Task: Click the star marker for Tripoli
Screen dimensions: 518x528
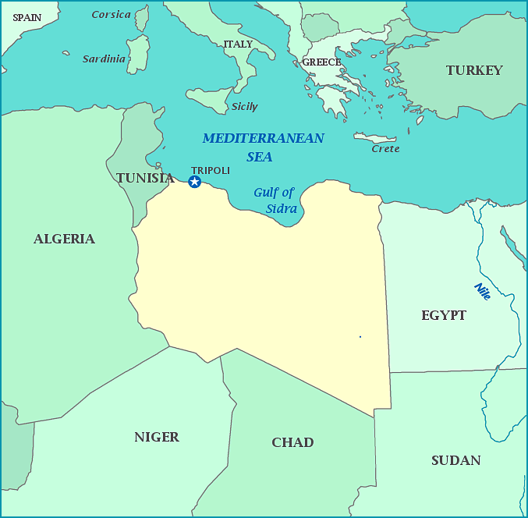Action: pyautogui.click(x=195, y=182)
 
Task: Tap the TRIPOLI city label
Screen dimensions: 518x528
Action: pyautogui.click(x=211, y=170)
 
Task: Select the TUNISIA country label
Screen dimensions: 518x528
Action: pyautogui.click(x=145, y=178)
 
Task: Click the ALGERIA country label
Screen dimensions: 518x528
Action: pyautogui.click(x=64, y=239)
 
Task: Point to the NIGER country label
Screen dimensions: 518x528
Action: pyautogui.click(x=157, y=437)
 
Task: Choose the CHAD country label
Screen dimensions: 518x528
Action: pyautogui.click(x=292, y=442)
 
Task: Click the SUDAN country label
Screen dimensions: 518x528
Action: pyautogui.click(x=455, y=460)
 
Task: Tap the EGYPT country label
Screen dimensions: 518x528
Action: pyautogui.click(x=444, y=315)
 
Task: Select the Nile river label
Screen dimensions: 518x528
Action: pyautogui.click(x=483, y=292)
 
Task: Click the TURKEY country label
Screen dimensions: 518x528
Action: pyautogui.click(x=474, y=70)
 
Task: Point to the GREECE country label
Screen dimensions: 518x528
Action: pyautogui.click(x=321, y=62)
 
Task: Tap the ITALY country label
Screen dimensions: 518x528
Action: pyautogui.click(x=238, y=44)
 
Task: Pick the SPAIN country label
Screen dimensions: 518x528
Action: pyautogui.click(x=27, y=17)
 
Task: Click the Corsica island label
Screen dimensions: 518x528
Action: pyautogui.click(x=111, y=15)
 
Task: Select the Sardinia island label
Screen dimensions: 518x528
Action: pyautogui.click(x=104, y=59)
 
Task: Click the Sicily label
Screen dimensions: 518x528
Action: pyautogui.click(x=244, y=107)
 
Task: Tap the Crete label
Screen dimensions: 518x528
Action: pyautogui.click(x=385, y=149)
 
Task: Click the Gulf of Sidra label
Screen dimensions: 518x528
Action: pyautogui.click(x=275, y=200)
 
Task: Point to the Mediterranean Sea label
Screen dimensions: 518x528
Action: pyautogui.click(x=263, y=147)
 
